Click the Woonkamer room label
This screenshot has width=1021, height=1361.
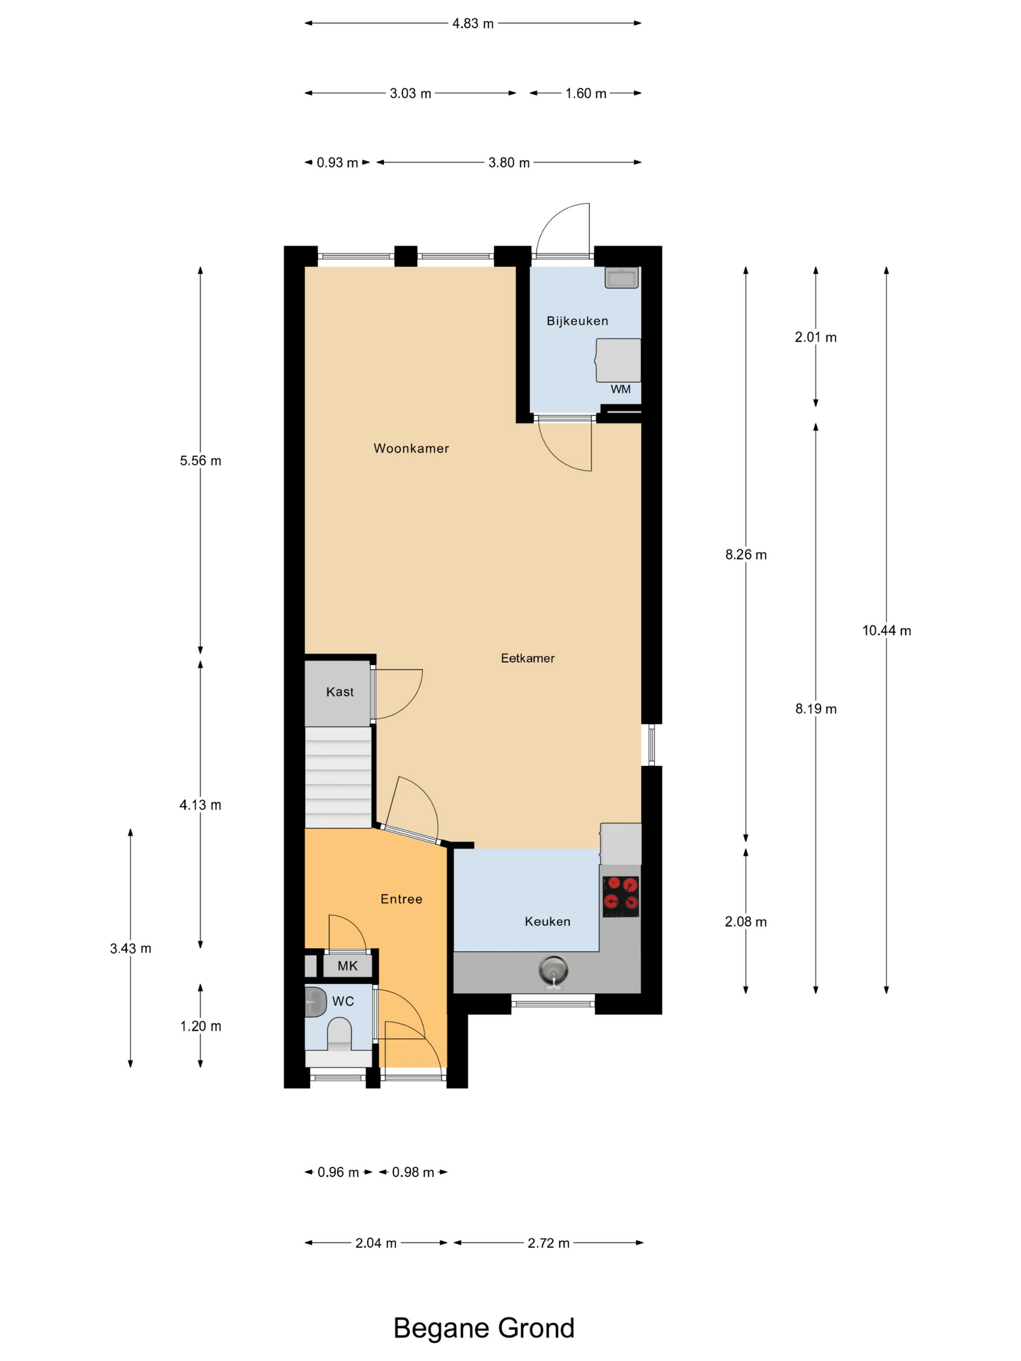(x=411, y=448)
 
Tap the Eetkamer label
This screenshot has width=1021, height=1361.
(x=528, y=658)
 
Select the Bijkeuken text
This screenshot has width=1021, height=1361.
(x=577, y=320)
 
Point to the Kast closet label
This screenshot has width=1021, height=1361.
(x=340, y=692)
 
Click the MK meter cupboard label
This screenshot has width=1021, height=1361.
(x=348, y=966)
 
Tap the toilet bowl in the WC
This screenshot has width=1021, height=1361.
(x=339, y=1034)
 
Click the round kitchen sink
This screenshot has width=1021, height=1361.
(x=553, y=971)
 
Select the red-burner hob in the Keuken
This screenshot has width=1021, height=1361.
(x=620, y=896)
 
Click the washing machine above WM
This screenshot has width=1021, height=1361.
(x=618, y=360)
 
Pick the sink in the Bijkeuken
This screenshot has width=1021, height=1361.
(x=621, y=278)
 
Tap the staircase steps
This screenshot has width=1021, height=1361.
(x=338, y=777)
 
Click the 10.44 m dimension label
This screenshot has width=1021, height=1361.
(x=886, y=630)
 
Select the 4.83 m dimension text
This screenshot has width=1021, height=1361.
(x=473, y=23)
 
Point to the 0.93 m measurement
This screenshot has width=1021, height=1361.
(x=337, y=162)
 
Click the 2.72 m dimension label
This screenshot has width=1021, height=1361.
(x=548, y=1243)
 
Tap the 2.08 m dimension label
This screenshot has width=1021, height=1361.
(x=746, y=921)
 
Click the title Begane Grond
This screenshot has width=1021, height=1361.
(x=484, y=1328)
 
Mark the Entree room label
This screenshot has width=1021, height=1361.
(x=401, y=899)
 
